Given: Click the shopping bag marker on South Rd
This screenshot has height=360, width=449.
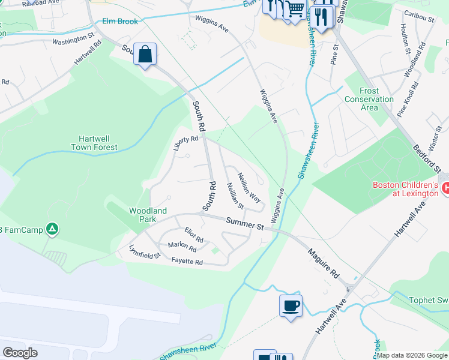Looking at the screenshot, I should point(145,55).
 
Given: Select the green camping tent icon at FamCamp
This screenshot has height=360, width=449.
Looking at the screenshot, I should point(53,229).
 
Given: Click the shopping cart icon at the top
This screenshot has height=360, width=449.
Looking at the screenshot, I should point(295,10).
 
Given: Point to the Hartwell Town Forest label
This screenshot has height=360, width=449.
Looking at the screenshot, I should point(94,142).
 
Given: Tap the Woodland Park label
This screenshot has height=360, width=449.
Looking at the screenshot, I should point(148,215).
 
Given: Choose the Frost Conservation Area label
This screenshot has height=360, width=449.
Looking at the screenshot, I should point(369,99).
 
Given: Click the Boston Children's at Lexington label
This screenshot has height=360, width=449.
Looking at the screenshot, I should point(405,189).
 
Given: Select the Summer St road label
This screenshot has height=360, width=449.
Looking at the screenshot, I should point(245,224).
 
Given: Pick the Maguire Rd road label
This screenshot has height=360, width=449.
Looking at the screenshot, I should point(323,265).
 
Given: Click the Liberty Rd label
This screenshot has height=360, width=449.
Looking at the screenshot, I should point(185,143).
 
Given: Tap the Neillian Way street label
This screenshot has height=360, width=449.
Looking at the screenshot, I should point(250,189).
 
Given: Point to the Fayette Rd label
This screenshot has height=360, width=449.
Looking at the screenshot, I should point(187,262).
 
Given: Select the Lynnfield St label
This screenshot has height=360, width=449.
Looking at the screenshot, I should point(145,251).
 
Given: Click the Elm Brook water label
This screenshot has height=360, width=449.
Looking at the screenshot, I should point(120,22).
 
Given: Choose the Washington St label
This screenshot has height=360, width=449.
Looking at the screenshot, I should point(74,42).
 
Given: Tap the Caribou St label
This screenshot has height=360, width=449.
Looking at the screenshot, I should point(419,19).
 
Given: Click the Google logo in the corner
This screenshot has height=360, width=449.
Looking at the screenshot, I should point(20,353).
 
